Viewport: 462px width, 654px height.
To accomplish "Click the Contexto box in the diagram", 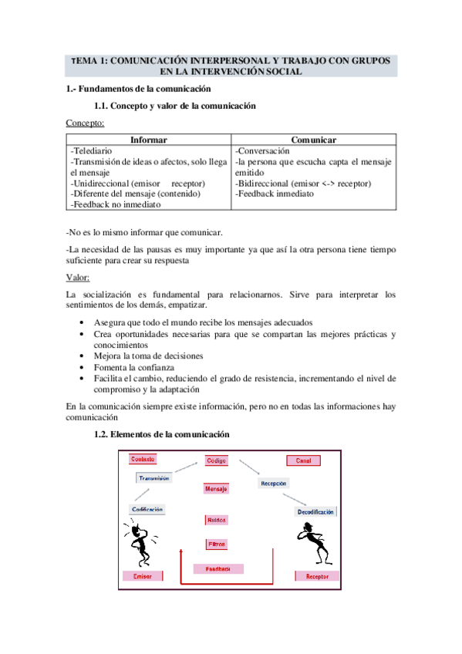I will [x=143, y=459].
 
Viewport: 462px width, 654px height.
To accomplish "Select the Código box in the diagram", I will [x=216, y=460].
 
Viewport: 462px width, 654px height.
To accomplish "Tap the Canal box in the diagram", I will [x=302, y=460].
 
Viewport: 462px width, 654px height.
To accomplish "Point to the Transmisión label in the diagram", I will [x=153, y=477].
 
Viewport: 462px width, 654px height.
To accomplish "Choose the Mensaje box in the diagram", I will [x=216, y=489].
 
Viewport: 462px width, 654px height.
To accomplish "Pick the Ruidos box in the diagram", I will [x=216, y=520].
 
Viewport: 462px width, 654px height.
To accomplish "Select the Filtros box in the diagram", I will [x=217, y=544].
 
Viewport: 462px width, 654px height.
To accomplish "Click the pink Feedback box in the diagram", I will [x=218, y=569].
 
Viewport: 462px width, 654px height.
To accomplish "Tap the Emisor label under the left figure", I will [x=143, y=576].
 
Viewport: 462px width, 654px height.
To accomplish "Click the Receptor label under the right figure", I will [x=317, y=576].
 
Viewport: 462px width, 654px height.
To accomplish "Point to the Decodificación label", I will [x=315, y=512].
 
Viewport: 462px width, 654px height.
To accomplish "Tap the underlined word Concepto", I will [x=85, y=123].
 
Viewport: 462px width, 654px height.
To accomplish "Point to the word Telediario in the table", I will [x=93, y=151].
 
